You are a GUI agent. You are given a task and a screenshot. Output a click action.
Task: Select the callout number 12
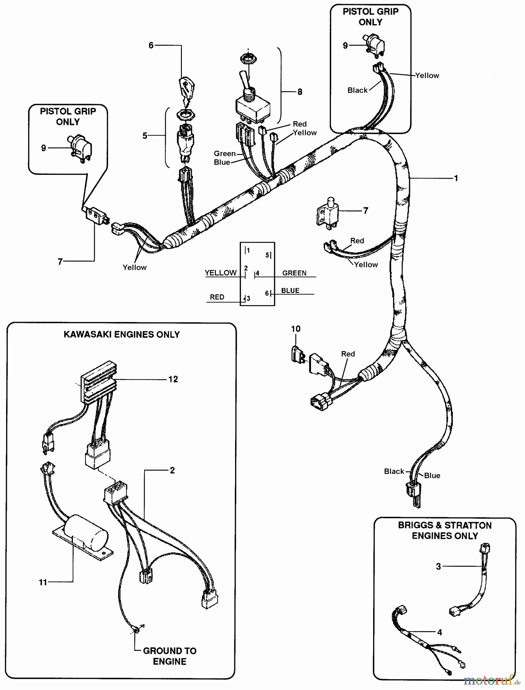(173, 379)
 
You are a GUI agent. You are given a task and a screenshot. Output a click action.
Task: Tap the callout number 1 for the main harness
(456, 178)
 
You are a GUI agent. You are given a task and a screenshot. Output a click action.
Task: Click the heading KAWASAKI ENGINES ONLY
(122, 334)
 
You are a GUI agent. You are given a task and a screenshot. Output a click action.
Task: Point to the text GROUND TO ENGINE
(170, 656)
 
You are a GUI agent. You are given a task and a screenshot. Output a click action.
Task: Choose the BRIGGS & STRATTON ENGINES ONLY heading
(445, 531)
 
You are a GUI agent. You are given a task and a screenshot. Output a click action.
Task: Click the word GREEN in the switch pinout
(294, 273)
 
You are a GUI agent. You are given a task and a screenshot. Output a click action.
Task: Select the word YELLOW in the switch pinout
(221, 273)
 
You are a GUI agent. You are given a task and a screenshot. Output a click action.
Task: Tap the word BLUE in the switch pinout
(290, 291)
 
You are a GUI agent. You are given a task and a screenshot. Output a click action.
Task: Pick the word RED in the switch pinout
(217, 297)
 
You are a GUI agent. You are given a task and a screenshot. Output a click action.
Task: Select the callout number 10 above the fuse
(296, 329)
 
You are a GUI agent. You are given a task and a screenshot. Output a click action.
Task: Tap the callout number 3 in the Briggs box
(438, 566)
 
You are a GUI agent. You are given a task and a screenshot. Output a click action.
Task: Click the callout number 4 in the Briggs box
(439, 632)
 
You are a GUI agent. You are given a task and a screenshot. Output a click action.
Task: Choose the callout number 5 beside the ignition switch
(145, 136)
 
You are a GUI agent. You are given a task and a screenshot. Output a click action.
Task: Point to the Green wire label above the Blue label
(225, 154)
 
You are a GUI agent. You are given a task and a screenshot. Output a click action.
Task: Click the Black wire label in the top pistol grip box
(357, 90)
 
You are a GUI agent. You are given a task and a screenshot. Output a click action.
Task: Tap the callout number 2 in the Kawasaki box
(172, 470)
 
